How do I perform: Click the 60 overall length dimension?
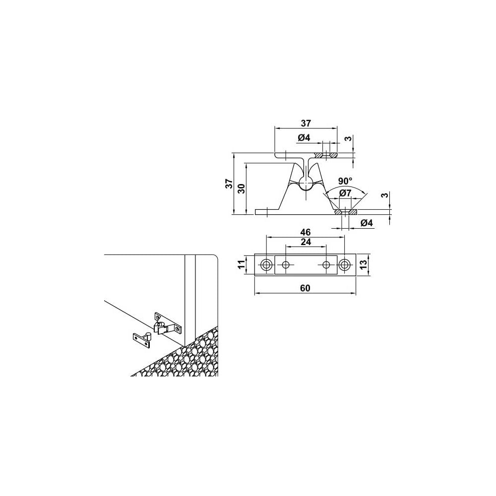[305, 288]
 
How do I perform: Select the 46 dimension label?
[306, 232]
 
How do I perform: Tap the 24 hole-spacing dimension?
[306, 242]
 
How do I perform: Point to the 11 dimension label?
[242, 264]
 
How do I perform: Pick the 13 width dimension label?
[364, 264]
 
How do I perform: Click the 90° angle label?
[345, 181]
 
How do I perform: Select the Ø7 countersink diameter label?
[345, 192]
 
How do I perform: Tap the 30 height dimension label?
[242, 189]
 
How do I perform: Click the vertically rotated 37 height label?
[229, 184]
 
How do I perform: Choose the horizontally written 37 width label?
[306, 123]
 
